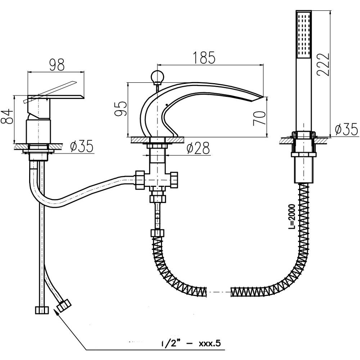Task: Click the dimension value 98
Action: [x=56, y=65]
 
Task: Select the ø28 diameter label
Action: [x=198, y=148]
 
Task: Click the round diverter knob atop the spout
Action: [x=157, y=76]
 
